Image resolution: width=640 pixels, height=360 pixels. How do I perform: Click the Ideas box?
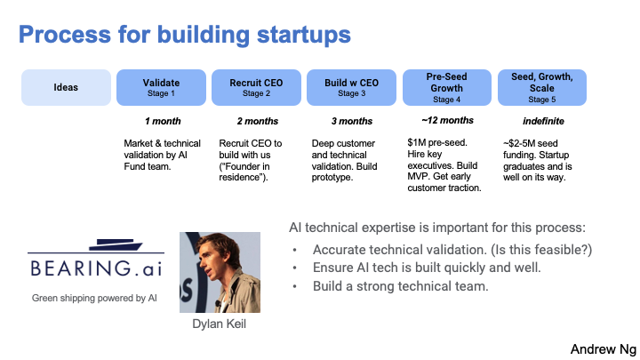point(66,87)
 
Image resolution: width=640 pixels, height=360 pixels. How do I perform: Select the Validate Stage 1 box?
point(161,87)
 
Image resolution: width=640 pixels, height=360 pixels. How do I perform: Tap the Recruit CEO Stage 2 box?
point(256,87)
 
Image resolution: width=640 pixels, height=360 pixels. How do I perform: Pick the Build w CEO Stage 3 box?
point(351,87)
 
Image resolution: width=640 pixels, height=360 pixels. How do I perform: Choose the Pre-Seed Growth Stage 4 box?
point(447,87)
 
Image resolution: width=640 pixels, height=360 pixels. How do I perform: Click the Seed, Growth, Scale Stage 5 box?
point(542,87)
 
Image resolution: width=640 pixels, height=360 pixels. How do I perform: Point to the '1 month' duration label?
point(163,121)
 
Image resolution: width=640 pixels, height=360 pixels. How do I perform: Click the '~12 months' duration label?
point(447,120)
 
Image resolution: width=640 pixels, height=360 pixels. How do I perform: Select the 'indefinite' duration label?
point(543,121)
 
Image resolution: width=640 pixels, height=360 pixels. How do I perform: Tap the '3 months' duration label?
point(352,121)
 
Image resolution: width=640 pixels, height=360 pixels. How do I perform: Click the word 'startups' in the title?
point(304,35)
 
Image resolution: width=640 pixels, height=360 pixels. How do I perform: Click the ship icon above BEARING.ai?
point(116,244)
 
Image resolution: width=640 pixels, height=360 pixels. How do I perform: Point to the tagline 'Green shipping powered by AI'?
point(94,299)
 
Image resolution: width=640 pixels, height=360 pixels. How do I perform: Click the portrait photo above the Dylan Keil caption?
point(220,272)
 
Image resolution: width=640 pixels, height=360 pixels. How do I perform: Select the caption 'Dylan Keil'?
point(220,324)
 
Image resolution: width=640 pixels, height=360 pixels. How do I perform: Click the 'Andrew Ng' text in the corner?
point(604,349)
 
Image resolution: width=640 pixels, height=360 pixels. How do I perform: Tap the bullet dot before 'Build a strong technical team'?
point(295,286)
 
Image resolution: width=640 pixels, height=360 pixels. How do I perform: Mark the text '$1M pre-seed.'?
point(437,142)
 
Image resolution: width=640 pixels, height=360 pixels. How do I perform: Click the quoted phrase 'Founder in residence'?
point(244,172)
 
